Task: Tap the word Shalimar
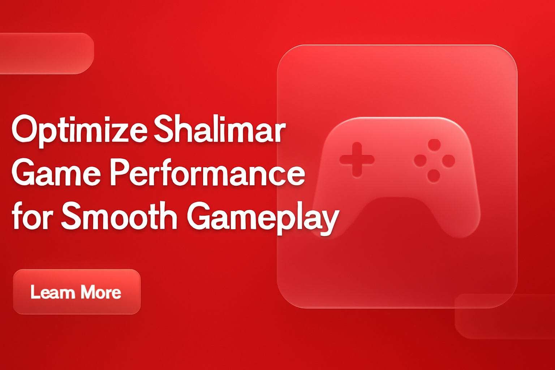point(220,129)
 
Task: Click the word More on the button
point(101,292)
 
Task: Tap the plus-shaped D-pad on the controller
point(357,159)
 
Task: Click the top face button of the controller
point(434,145)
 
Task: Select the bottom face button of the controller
point(434,176)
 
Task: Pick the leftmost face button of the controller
point(420,160)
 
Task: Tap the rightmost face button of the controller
point(448,160)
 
